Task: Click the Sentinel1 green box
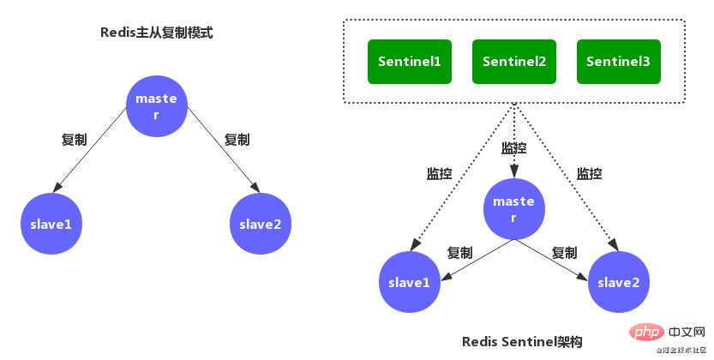(410, 62)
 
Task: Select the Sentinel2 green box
(513, 62)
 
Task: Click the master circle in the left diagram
(156, 107)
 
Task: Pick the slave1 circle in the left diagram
(52, 225)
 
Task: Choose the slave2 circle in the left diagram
(261, 225)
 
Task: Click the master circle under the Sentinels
(513, 209)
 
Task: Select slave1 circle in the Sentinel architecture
(410, 282)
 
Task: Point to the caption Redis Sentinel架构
(522, 342)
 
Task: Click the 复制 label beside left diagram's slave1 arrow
(74, 140)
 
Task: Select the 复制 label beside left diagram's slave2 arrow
(237, 140)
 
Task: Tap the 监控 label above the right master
(513, 148)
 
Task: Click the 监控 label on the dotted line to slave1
(439, 173)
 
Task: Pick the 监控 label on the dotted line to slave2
(589, 173)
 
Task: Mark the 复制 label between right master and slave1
(459, 253)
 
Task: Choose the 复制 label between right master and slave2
(564, 253)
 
